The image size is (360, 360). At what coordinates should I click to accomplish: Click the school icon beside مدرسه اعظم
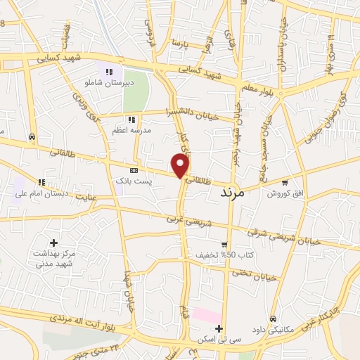tap(131, 120)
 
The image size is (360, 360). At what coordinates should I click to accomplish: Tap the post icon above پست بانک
tap(134, 170)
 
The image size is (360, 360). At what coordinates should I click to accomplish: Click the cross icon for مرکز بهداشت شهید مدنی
tap(53, 243)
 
